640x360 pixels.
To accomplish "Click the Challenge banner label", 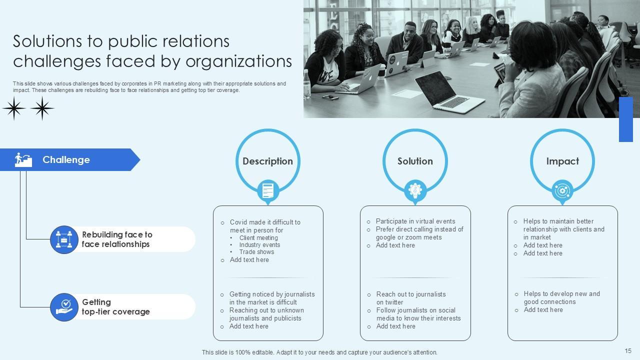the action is coord(66,160).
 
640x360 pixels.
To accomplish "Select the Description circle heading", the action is coord(267,161).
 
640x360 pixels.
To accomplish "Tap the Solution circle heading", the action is coord(415,161).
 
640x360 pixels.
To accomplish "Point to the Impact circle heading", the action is coord(562,161).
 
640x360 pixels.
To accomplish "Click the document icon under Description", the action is coord(267,190).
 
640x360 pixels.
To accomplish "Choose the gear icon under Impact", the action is coord(562,190).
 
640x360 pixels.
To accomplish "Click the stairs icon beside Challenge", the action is coord(23,160).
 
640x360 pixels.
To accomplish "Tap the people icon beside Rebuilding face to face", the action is coord(64,239).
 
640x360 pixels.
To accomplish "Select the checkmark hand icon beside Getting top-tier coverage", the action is coord(64,307).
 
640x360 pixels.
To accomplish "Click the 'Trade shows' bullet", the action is coord(256,252).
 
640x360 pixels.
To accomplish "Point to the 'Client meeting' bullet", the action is coord(258,238).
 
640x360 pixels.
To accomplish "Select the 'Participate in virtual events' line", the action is coord(415,221).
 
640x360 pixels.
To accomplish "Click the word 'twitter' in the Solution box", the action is coord(394,302).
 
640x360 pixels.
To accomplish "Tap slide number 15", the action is coord(628,351).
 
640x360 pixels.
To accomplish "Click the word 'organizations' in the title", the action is coord(239,61).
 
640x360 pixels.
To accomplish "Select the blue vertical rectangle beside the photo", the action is coord(625,119).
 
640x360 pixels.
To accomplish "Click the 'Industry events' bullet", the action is coord(259,245).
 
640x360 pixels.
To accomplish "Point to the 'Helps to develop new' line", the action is coord(561,293).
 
